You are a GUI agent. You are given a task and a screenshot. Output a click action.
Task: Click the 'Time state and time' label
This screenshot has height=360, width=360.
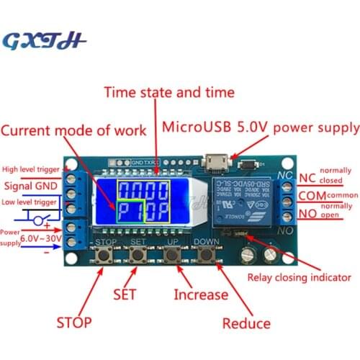click(169, 92)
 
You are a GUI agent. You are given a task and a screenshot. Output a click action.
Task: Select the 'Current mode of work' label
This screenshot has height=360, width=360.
click(73, 130)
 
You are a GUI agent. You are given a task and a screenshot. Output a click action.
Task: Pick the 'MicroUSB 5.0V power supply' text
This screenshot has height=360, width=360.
click(261, 128)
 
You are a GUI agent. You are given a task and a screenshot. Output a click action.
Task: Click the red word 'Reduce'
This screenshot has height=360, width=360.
click(246, 323)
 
